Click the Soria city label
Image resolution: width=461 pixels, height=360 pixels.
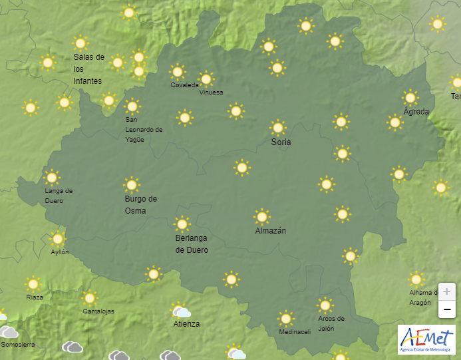pos(281,142)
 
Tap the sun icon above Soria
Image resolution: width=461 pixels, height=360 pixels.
pos(278,127)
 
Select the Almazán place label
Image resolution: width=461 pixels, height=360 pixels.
pos(270,231)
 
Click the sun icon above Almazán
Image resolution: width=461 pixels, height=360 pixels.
pos(262,216)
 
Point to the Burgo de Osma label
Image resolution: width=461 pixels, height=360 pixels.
pos(140,205)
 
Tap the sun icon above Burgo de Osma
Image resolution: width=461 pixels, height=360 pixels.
pos(132,184)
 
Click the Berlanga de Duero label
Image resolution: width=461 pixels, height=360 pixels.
pos(192,244)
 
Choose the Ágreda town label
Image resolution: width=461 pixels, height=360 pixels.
pos(416,112)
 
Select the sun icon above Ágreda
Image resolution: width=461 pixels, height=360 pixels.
pos(410,97)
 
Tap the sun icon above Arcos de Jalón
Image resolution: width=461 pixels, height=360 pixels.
pos(325,305)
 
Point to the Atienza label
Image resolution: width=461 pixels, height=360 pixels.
pos(186,325)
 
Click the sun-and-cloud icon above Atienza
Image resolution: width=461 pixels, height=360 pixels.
pos(181,311)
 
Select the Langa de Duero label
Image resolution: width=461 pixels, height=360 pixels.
pos(59,196)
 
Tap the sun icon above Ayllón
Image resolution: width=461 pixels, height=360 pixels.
pos(58,238)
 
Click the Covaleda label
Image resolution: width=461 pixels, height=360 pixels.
pos(184,85)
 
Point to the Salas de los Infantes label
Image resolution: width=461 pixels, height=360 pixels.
pos(88,69)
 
